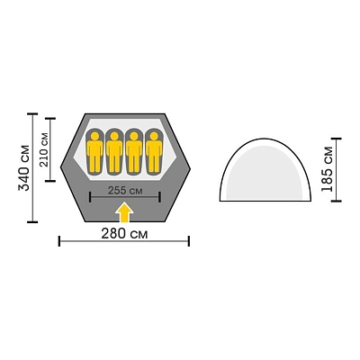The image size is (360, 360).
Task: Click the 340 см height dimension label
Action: [24, 168]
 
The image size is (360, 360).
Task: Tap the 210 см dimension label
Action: [44, 149]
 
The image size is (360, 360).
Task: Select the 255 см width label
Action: [125, 191]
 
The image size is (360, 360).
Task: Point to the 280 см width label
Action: [124, 234]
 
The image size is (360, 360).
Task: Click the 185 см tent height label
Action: [327, 169]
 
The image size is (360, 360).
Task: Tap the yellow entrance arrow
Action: [124, 212]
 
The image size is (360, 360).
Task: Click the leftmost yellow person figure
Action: [95, 152]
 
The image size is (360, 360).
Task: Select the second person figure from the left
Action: [114, 152]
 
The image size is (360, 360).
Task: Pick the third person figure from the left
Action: [134, 152]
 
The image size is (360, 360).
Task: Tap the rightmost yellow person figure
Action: [154, 152]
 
